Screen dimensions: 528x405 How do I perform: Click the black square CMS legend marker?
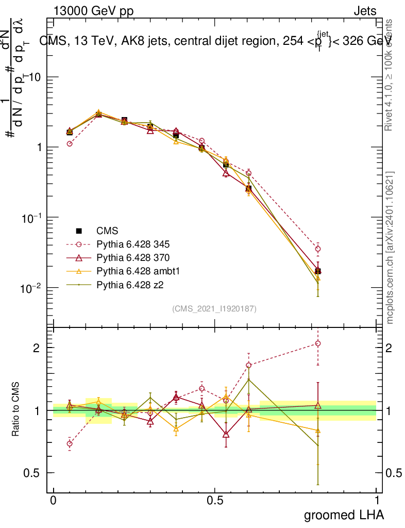(x=79, y=231)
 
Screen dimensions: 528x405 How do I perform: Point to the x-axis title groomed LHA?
(x=344, y=515)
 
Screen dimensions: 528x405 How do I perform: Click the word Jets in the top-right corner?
(x=365, y=11)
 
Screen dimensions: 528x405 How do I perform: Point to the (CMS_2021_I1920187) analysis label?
(x=214, y=309)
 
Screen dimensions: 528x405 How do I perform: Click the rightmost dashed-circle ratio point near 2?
(x=318, y=343)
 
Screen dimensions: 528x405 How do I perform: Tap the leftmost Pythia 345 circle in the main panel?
(x=70, y=144)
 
